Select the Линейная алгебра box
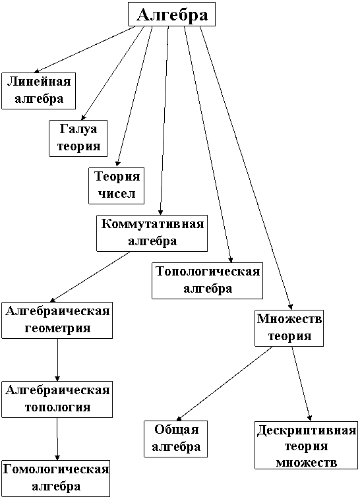point(38,91)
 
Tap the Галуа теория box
point(78,138)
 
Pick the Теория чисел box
point(116,185)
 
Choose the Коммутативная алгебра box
point(152,233)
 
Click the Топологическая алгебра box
point(207,281)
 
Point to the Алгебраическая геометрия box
point(57,320)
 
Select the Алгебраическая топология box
point(57,399)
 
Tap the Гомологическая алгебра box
point(55,479)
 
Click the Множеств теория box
point(289,328)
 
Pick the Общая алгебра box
point(175,439)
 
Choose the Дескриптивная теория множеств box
point(306,445)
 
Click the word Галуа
point(78,129)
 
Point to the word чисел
point(116,194)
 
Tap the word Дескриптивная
point(306,430)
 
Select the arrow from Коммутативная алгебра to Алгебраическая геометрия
point(90,277)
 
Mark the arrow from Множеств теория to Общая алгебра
point(224,384)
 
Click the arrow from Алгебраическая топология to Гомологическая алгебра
point(57,439)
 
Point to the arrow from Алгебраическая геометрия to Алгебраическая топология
point(57,360)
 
